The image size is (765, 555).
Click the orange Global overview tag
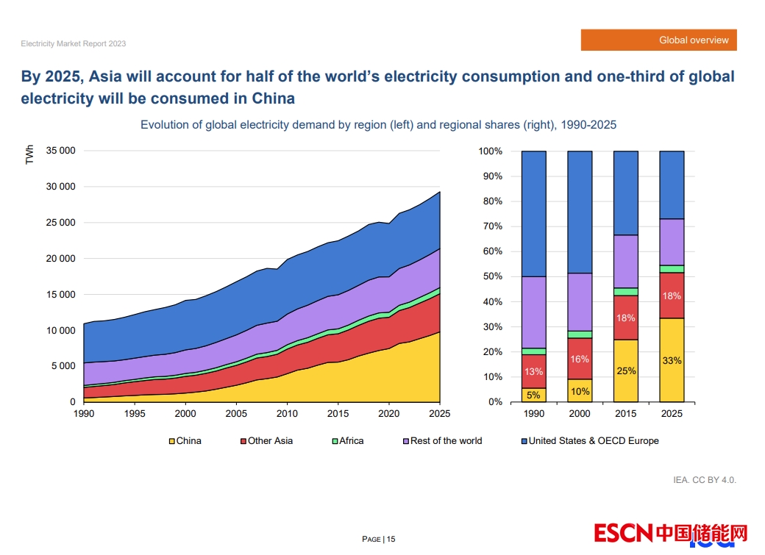click(658, 40)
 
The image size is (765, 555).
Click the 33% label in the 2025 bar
click(672, 360)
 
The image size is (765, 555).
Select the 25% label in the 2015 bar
click(626, 370)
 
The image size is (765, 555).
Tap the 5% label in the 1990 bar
click(533, 395)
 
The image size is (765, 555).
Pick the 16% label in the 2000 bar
click(580, 359)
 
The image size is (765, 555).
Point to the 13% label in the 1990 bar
click(533, 371)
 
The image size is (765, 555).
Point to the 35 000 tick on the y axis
click(60, 151)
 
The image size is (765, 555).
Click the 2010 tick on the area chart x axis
click(287, 414)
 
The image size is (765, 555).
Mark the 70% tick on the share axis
click(491, 226)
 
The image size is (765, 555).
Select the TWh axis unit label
click(29, 155)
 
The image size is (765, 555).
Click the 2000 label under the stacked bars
click(580, 414)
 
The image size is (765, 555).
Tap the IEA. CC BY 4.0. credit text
click(705, 480)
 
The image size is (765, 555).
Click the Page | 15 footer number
click(379, 540)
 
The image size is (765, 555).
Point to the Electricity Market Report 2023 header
click(74, 43)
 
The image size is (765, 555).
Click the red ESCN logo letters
click(623, 533)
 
